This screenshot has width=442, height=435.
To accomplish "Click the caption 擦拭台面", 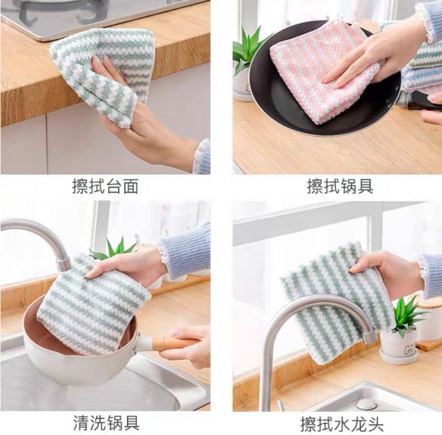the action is (x=105, y=186).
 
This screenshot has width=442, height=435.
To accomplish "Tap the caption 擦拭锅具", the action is (x=340, y=186).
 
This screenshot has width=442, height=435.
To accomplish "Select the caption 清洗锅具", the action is (x=107, y=423).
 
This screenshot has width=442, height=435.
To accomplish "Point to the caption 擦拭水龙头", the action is (x=342, y=424).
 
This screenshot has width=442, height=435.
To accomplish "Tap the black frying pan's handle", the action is (x=423, y=101).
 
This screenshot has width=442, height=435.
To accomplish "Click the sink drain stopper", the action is (x=367, y=404).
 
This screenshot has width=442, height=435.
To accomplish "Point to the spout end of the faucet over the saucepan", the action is (x=63, y=263).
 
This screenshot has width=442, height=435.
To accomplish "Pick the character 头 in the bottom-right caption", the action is (x=375, y=424).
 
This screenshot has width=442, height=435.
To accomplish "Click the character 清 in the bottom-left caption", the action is (x=81, y=423).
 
